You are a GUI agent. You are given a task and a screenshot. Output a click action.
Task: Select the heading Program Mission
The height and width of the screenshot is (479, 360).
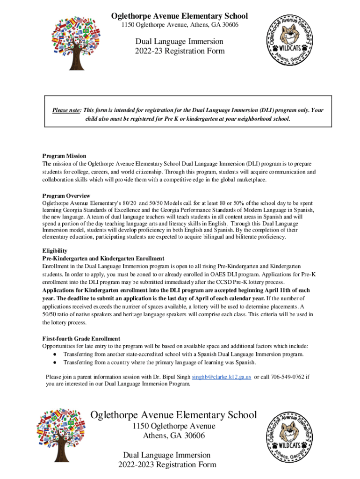64,156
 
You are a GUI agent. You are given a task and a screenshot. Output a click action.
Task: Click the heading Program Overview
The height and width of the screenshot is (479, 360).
66,196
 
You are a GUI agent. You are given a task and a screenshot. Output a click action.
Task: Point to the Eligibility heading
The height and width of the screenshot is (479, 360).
55,251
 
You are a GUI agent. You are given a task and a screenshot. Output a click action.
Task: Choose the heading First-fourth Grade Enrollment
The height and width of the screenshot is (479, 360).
81,338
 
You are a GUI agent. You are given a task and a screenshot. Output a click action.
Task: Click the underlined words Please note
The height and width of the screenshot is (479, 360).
66,110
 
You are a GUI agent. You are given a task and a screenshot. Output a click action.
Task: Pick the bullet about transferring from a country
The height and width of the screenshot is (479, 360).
159,362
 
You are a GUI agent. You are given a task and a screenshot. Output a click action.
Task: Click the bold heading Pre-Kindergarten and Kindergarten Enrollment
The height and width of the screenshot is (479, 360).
103,258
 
